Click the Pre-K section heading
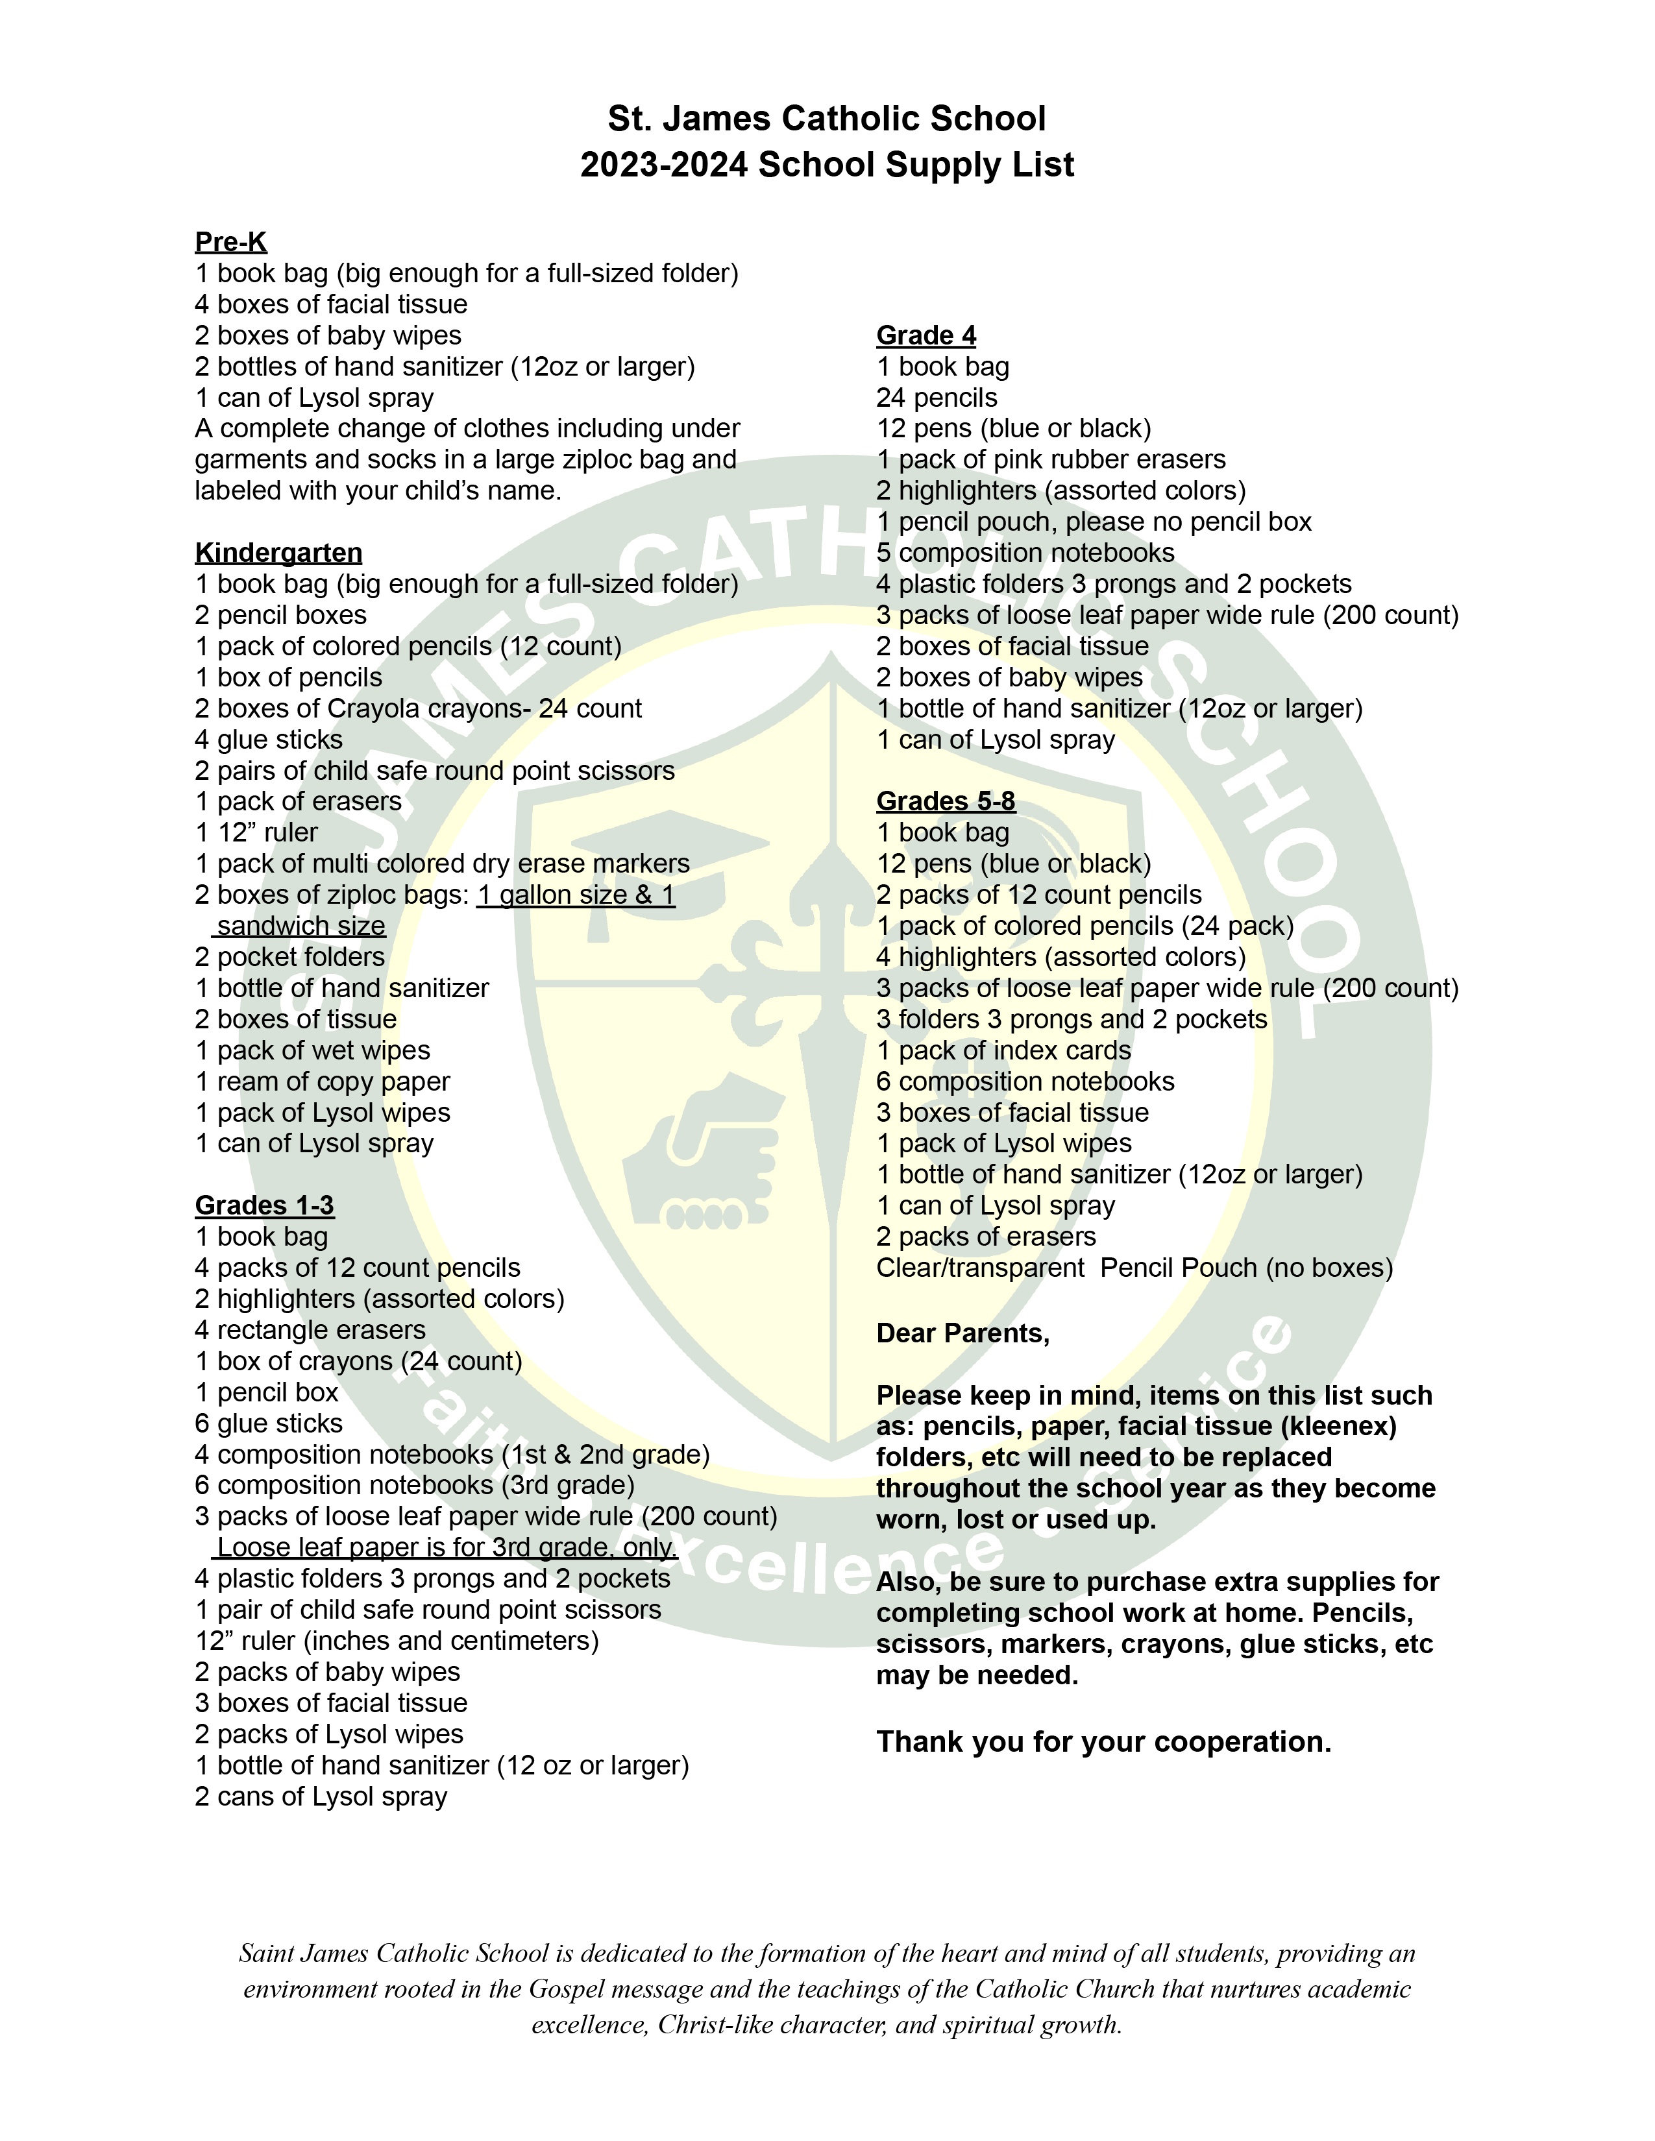(230, 242)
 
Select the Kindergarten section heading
(278, 553)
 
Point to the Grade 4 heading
(926, 335)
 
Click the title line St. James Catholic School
(826, 119)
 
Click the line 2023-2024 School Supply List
(826, 165)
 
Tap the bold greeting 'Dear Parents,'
(962, 1333)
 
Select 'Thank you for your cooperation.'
(1103, 1741)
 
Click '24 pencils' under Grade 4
(937, 398)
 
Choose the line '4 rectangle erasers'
(310, 1329)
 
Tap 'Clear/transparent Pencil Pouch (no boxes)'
(1133, 1268)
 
